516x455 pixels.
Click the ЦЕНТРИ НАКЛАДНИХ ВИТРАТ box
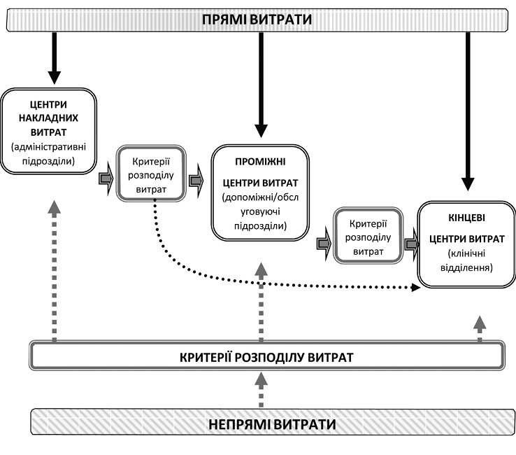(x=49, y=131)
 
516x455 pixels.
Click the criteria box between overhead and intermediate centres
(x=151, y=172)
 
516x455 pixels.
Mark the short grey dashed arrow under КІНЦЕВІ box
(x=479, y=327)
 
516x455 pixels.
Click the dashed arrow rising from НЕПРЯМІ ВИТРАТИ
(x=260, y=388)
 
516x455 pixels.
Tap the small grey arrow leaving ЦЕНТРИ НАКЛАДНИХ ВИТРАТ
(x=106, y=178)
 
